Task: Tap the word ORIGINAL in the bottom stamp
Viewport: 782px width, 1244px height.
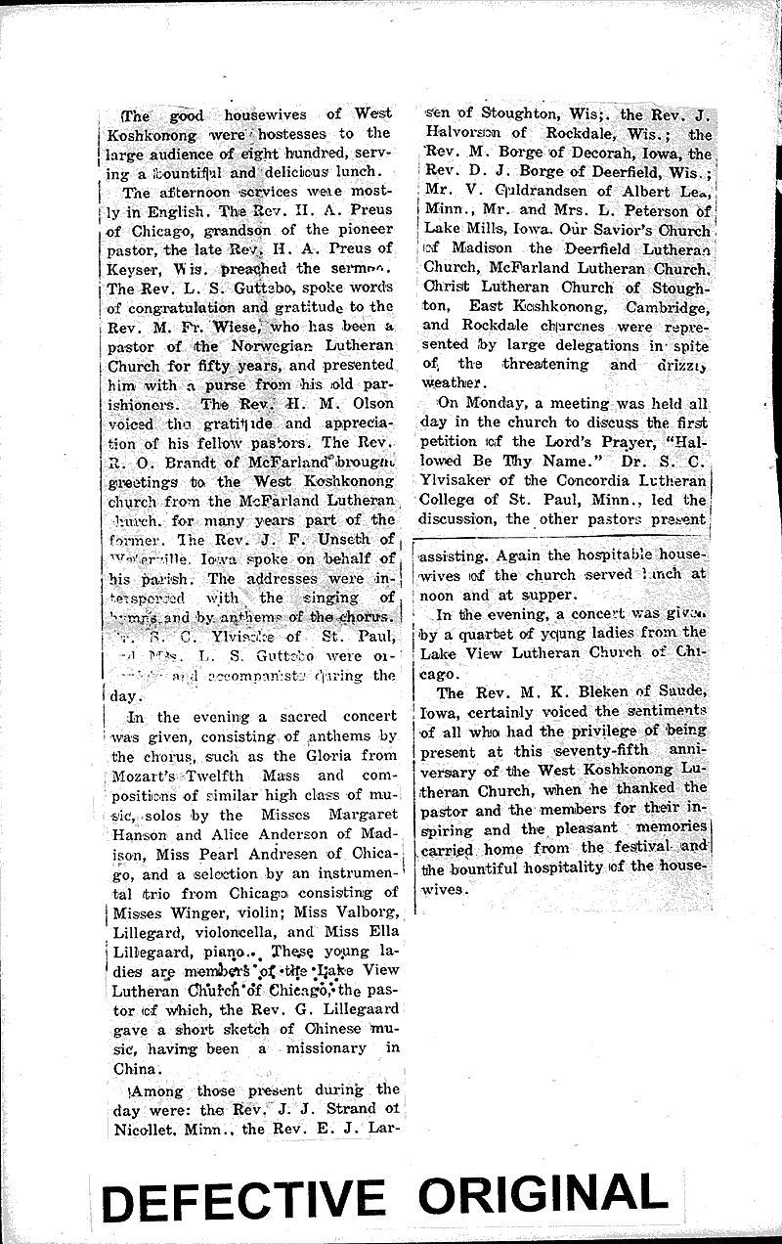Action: point(547,1194)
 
